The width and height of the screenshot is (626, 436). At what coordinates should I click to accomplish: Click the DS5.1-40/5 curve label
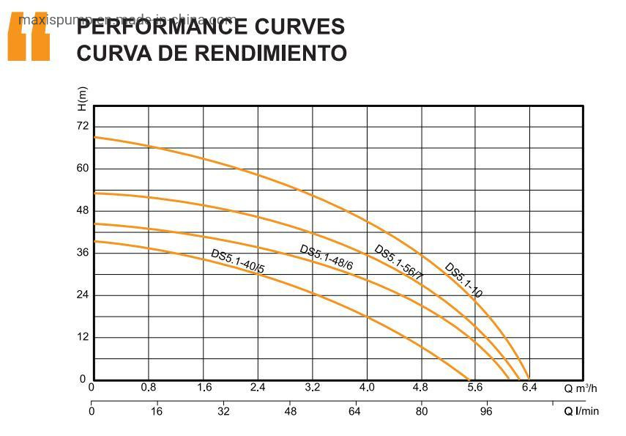[237, 262]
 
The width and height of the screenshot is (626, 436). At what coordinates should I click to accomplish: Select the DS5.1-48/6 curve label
[326, 257]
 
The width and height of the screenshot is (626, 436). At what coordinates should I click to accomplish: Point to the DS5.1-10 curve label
[463, 280]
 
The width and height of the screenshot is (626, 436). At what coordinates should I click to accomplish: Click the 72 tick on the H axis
[83, 127]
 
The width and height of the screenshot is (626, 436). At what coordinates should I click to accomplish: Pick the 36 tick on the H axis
[83, 253]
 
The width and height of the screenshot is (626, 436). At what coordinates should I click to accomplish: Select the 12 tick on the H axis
[83, 337]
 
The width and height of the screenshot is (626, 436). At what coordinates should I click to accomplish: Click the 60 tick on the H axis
[83, 169]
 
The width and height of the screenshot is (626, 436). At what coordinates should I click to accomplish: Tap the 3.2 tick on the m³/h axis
[313, 388]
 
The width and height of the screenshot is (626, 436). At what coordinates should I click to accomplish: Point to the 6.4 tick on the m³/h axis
[529, 388]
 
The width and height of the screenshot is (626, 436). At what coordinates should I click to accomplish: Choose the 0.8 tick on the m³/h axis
[149, 388]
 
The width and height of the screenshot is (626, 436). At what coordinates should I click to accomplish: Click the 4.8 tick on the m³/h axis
[420, 388]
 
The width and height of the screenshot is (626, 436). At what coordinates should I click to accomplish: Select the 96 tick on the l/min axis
[487, 412]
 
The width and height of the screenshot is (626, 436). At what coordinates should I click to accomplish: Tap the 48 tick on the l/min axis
[290, 412]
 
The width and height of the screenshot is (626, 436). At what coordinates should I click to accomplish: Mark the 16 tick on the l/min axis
[157, 412]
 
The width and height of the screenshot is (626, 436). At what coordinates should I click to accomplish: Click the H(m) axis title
[82, 98]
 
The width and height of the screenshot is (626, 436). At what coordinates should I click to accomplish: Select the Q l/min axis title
[581, 412]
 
